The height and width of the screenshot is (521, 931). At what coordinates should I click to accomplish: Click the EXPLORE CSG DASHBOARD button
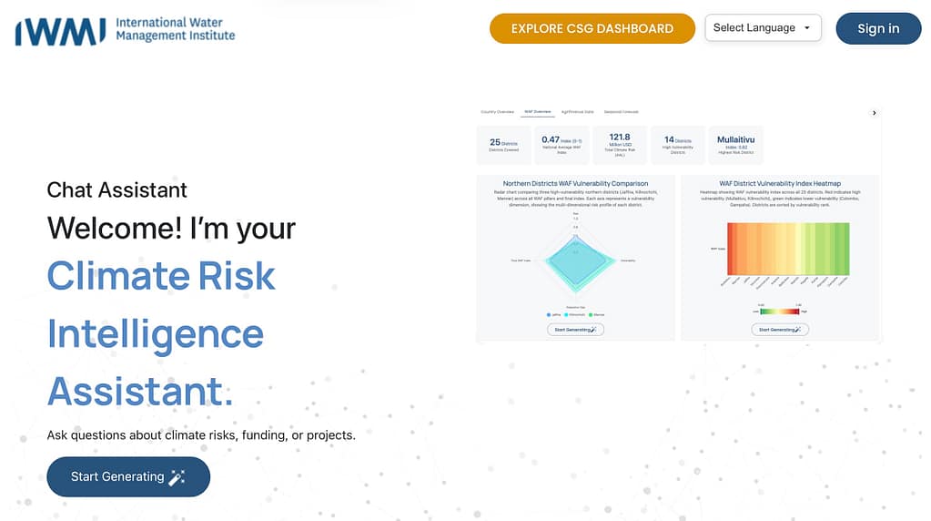point(592,28)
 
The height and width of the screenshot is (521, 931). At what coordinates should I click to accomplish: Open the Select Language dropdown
point(763,28)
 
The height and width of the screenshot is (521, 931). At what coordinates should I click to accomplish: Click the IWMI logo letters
point(60,30)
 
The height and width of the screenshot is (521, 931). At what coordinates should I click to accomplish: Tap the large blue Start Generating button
point(128,476)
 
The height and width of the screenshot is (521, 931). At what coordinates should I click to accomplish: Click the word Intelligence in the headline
point(156,334)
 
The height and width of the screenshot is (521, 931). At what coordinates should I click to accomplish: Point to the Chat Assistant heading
point(116,190)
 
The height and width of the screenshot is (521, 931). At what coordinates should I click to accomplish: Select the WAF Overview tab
point(537,112)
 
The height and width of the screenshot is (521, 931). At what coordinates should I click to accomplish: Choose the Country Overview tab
point(498,112)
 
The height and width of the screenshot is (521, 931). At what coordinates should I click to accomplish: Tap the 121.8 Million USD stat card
point(620,144)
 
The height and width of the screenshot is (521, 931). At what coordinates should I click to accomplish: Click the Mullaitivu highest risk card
point(736,144)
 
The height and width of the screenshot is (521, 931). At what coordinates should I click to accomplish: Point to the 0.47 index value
point(551,139)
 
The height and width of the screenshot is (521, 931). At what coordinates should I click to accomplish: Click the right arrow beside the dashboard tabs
point(874,113)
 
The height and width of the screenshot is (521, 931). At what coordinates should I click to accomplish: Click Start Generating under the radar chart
point(575,330)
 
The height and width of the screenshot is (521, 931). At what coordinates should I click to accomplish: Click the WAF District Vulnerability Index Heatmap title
point(779,184)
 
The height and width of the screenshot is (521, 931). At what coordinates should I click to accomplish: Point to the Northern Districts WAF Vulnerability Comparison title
point(575,184)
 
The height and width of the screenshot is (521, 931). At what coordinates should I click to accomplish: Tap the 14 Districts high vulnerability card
point(678,144)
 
